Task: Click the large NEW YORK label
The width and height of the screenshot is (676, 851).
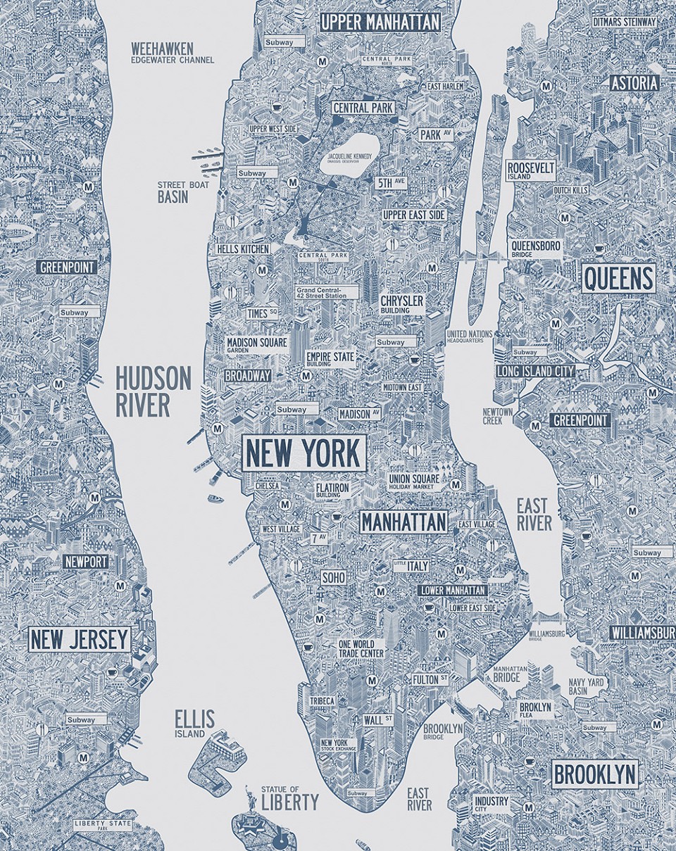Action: point(304,453)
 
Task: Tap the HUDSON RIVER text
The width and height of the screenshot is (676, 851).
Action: point(153,391)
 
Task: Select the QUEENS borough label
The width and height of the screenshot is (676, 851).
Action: point(618,278)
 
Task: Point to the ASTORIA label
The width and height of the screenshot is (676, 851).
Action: point(634,83)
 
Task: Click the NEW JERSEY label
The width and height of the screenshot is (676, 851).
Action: point(80,640)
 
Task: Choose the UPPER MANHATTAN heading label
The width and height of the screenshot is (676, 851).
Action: point(380,22)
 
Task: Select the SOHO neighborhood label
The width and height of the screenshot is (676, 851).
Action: point(333,577)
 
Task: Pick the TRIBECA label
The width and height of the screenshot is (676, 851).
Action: point(322,701)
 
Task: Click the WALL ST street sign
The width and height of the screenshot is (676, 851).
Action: point(378,720)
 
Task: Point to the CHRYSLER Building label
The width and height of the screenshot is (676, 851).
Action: point(402,304)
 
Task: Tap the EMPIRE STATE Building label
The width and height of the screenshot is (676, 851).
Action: point(330,359)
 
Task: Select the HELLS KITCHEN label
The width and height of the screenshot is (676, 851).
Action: point(242,249)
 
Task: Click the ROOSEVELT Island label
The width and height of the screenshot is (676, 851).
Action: point(531,170)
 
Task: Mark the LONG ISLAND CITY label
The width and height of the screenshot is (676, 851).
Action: point(535,371)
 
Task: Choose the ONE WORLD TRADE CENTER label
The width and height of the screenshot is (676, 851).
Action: point(361,648)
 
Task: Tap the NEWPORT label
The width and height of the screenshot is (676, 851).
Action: point(85,562)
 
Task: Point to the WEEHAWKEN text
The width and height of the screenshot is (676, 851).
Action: point(162,49)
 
